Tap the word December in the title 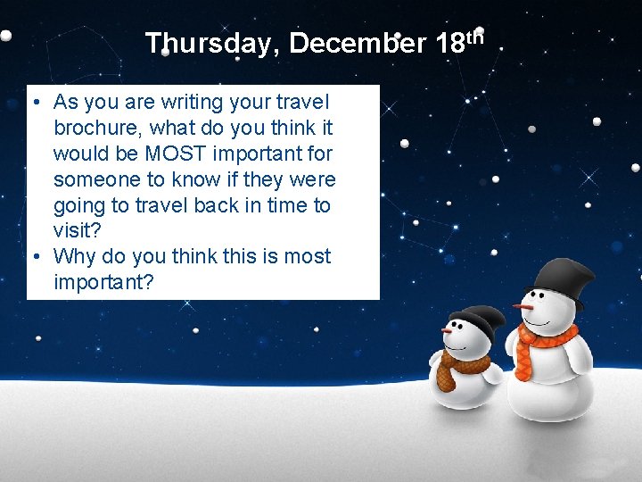(x=358, y=43)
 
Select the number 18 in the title (x=453, y=43)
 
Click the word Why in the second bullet (x=75, y=257)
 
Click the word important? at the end (x=103, y=283)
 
